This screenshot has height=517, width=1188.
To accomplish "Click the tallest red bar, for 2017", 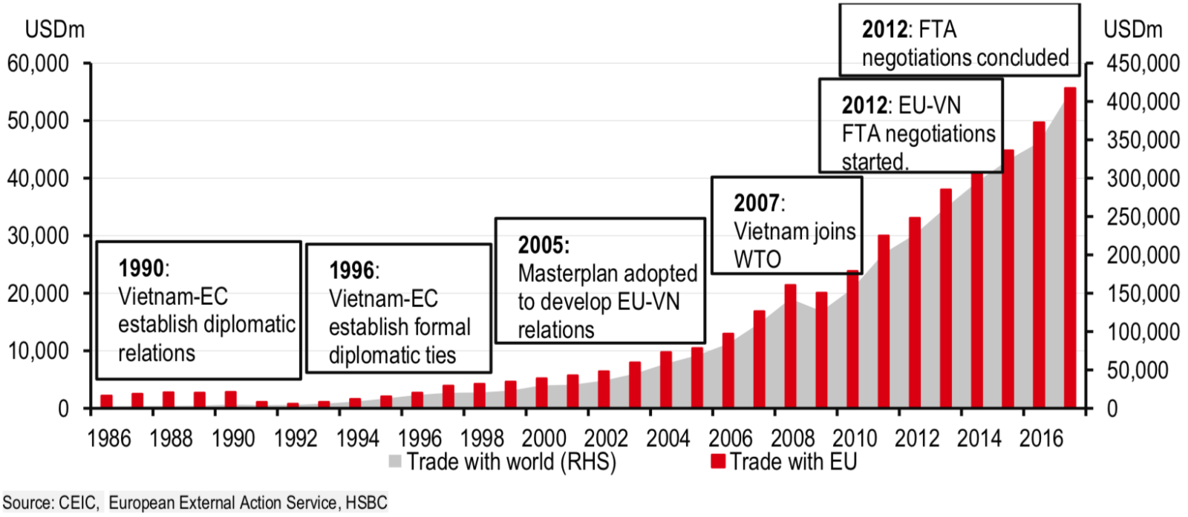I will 1070,248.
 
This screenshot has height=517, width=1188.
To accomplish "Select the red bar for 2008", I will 790,346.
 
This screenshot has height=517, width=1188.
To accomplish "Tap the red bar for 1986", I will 106,401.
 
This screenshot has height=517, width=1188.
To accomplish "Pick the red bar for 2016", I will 1039,265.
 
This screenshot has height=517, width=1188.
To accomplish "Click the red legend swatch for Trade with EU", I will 717,461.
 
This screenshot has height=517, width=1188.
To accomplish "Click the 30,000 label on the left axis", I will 38,236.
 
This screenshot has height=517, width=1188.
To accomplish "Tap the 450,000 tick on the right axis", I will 1143,64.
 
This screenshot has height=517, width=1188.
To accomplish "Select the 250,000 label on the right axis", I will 1143,217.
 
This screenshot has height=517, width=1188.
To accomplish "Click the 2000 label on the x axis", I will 544,438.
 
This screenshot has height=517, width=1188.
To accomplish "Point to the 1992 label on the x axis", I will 295,438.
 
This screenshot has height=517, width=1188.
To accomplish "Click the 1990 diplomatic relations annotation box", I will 198,310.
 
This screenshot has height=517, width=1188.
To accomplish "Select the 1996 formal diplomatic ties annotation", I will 399,309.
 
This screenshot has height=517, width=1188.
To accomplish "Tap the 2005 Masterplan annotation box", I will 600,280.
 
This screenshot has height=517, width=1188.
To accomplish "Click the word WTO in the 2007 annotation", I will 757,260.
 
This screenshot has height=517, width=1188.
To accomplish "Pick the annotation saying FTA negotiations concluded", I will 959,41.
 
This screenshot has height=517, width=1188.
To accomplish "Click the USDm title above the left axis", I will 55,30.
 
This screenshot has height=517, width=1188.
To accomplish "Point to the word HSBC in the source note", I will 366,503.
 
